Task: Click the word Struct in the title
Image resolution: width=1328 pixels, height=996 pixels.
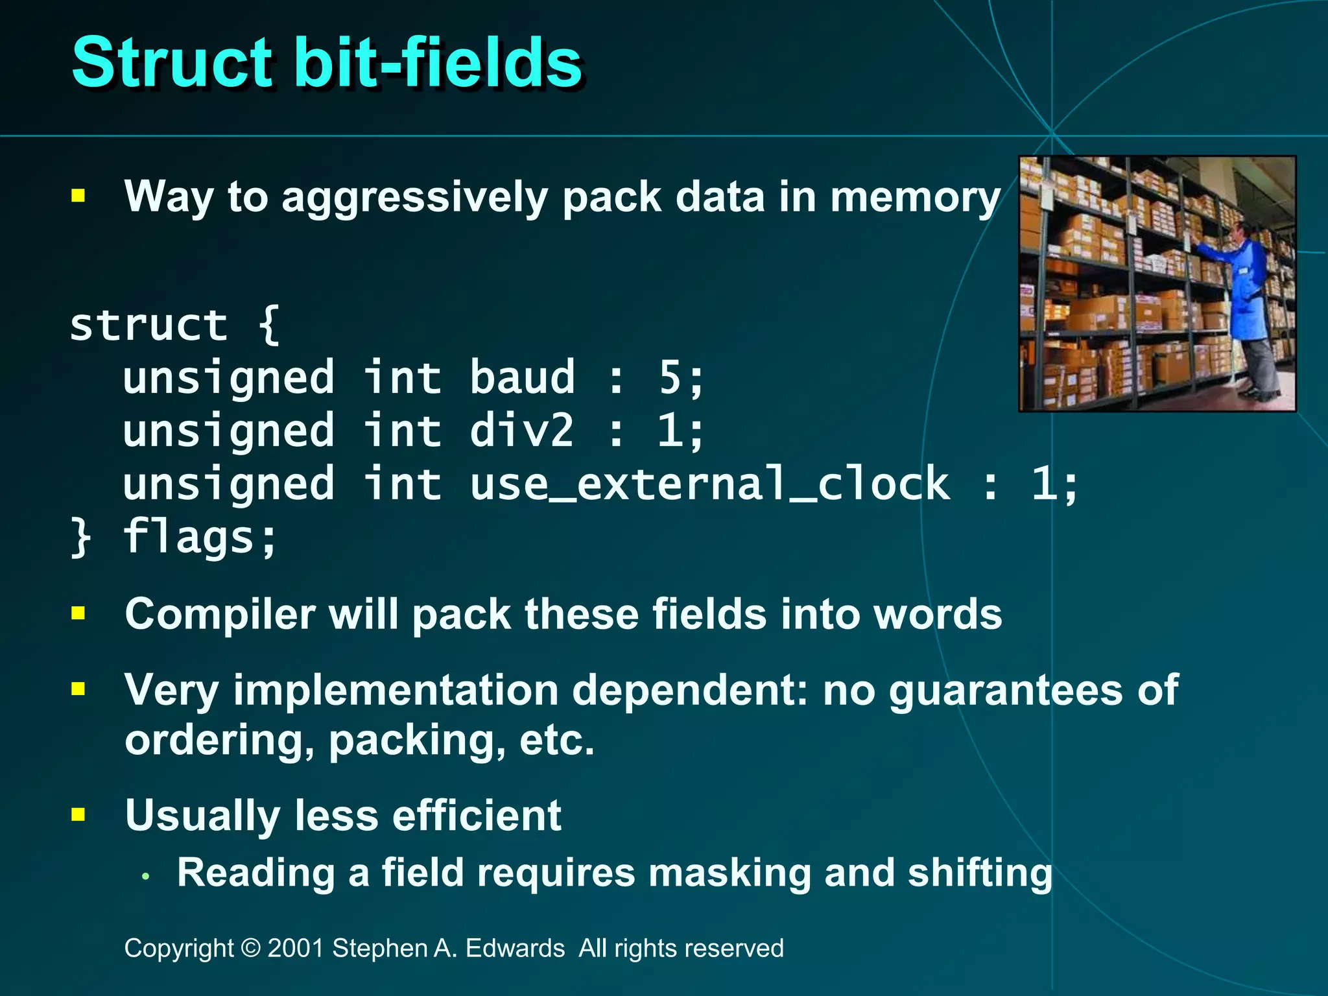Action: [172, 62]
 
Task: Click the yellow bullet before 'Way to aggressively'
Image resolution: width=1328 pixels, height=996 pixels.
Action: [78, 195]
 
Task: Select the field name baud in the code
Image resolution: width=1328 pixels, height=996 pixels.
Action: [522, 377]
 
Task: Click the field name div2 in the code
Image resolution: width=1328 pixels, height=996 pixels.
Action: [522, 431]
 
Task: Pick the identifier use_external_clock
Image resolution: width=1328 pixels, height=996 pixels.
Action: [710, 484]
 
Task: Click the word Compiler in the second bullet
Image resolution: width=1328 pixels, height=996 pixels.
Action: [220, 614]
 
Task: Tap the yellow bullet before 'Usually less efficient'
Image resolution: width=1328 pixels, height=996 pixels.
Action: [78, 814]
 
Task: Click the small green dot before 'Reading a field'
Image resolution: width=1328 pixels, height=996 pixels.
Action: [146, 877]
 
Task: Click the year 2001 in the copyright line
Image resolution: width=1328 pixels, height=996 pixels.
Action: [296, 948]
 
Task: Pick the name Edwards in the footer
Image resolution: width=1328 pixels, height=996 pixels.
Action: [515, 948]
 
